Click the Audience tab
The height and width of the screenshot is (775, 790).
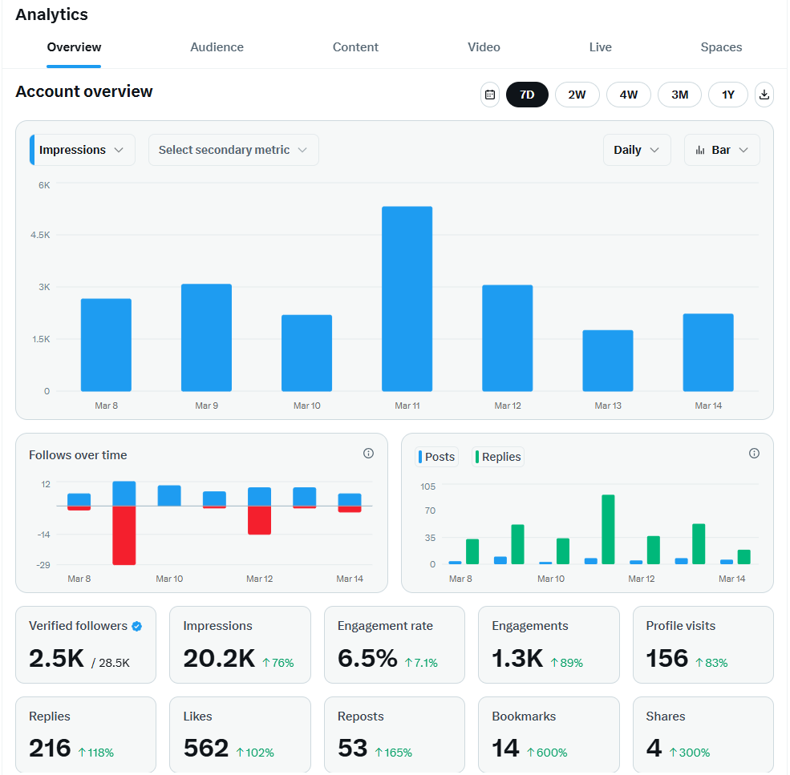click(217, 47)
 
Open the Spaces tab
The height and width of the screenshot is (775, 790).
click(720, 47)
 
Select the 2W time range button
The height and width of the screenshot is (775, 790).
click(577, 95)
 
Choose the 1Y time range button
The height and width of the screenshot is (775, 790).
click(727, 95)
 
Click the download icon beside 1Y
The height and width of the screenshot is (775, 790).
click(764, 95)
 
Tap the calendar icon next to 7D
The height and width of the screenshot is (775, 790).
click(489, 95)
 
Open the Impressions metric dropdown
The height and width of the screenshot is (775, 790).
click(82, 150)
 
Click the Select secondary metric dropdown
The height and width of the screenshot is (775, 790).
click(233, 150)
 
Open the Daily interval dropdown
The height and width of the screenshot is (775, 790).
click(637, 150)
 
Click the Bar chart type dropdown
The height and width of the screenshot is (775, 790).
click(722, 150)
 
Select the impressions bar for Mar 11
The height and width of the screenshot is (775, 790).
click(407, 298)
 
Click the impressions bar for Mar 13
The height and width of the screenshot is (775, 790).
click(607, 361)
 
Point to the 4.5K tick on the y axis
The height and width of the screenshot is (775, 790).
click(41, 236)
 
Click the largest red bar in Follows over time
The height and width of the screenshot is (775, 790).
click(124, 535)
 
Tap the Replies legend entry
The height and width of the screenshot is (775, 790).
click(498, 457)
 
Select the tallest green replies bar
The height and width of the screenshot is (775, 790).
click(608, 529)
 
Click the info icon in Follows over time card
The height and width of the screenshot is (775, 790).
click(368, 454)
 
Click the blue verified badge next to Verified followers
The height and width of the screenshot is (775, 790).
click(137, 626)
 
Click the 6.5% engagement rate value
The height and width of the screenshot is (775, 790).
click(367, 659)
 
